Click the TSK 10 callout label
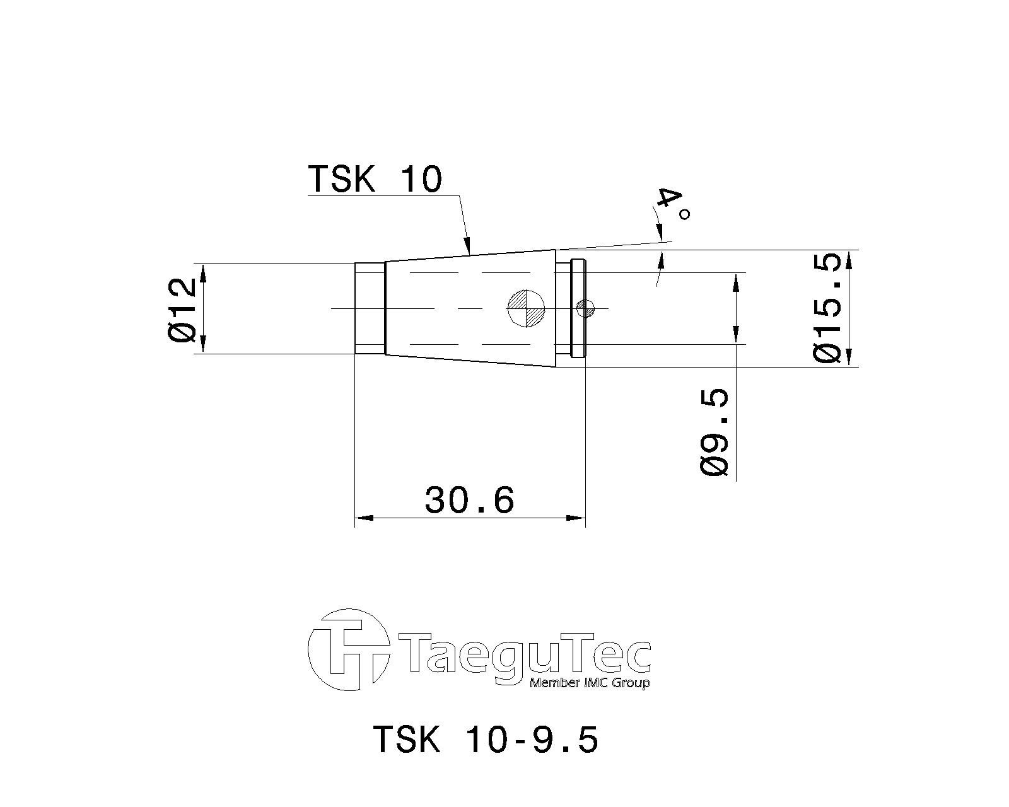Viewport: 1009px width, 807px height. tap(375, 179)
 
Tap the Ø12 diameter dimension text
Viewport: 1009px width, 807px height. tap(183, 310)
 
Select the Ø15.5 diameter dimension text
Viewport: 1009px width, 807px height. tap(828, 308)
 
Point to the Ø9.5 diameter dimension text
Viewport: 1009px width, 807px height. tap(714, 432)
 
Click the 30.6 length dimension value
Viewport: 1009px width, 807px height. tap(470, 500)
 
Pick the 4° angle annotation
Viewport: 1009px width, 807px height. tap(671, 206)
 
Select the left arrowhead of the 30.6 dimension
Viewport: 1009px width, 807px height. tap(363, 518)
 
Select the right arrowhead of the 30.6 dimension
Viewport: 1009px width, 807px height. tap(576, 518)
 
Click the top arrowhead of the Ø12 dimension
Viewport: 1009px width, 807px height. tap(203, 272)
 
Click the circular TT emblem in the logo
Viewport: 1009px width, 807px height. tap(347, 650)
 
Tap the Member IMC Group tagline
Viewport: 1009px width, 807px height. tap(590, 683)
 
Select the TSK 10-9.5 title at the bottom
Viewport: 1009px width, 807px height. tap(486, 739)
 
